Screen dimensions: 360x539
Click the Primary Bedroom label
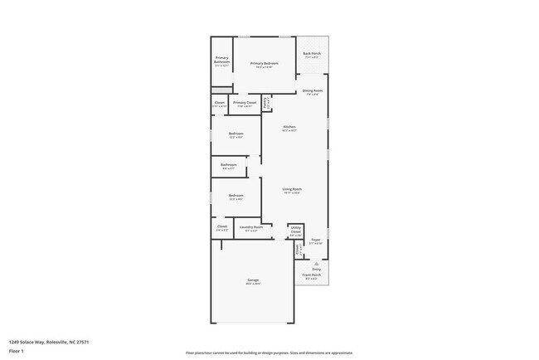click(263, 64)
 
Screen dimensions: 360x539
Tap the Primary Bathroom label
click(221, 60)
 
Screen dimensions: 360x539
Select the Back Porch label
click(312, 54)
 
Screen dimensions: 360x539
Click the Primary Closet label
click(245, 103)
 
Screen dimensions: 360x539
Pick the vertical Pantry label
click(265, 104)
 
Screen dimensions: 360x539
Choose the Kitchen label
click(289, 127)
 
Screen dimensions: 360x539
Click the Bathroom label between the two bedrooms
click(229, 165)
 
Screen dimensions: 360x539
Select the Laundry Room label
click(251, 226)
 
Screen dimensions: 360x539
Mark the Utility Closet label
click(295, 231)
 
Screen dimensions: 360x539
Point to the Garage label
click(253, 280)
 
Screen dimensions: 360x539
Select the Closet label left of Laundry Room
click(222, 226)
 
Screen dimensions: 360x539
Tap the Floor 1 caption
click(17, 351)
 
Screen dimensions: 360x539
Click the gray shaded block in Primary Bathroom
click(221, 90)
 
